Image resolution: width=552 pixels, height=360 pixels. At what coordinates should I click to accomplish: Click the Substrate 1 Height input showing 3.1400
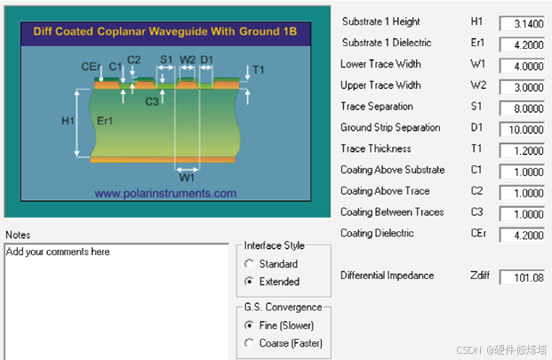[x=522, y=24]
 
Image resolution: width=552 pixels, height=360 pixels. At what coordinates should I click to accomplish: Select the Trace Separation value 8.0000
[x=522, y=108]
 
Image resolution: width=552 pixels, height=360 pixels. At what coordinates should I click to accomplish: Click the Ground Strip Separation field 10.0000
[x=522, y=130]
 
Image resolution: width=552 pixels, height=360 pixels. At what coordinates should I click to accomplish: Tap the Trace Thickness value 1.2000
[x=522, y=150]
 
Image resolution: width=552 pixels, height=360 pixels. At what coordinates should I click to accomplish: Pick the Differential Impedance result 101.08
[x=522, y=277]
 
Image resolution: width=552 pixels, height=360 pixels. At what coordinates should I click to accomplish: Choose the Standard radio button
[x=249, y=264]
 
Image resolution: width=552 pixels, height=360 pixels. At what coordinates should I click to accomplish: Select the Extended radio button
[x=249, y=281]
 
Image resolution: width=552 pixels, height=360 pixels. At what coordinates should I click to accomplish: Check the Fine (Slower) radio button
[x=249, y=325]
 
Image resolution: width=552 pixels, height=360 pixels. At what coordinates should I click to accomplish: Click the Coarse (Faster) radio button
[x=249, y=343]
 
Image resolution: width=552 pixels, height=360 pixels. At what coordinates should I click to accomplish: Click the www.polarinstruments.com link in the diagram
[x=165, y=193]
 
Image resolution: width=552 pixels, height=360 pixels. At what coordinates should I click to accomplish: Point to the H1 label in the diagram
[x=68, y=121]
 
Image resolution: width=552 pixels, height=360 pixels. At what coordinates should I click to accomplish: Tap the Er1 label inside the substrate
[x=105, y=121]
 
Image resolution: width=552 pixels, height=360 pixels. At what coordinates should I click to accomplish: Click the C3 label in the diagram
[x=152, y=101]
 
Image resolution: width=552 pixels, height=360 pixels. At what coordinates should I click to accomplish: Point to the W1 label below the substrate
[x=187, y=178]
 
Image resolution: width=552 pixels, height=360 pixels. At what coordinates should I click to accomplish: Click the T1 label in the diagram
[x=258, y=69]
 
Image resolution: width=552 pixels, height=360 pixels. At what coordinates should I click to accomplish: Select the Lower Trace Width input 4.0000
[x=522, y=66]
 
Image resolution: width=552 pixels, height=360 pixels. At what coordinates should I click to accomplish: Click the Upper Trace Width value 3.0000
[x=522, y=87]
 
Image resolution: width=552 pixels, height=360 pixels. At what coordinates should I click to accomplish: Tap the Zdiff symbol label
[x=480, y=276]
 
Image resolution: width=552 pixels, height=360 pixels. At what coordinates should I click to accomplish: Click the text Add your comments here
[x=58, y=252]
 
